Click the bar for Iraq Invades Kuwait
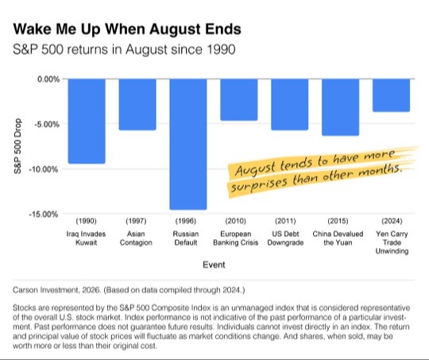pos(87,121)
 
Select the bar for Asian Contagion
pos(137,104)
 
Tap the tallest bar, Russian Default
pos(188,145)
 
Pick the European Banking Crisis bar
pos(239,99)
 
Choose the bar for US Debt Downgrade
pos(290,104)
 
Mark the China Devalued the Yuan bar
pos(340,107)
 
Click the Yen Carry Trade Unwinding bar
pos(391,95)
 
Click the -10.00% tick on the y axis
pos(44,169)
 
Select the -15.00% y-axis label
pos(44,214)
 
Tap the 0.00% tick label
pos(48,79)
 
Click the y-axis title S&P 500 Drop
pos(17,146)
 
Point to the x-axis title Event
pos(214,265)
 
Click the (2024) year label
pos(392,221)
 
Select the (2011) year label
pos(285,221)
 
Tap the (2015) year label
pos(338,221)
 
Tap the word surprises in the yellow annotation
pos(259,184)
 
